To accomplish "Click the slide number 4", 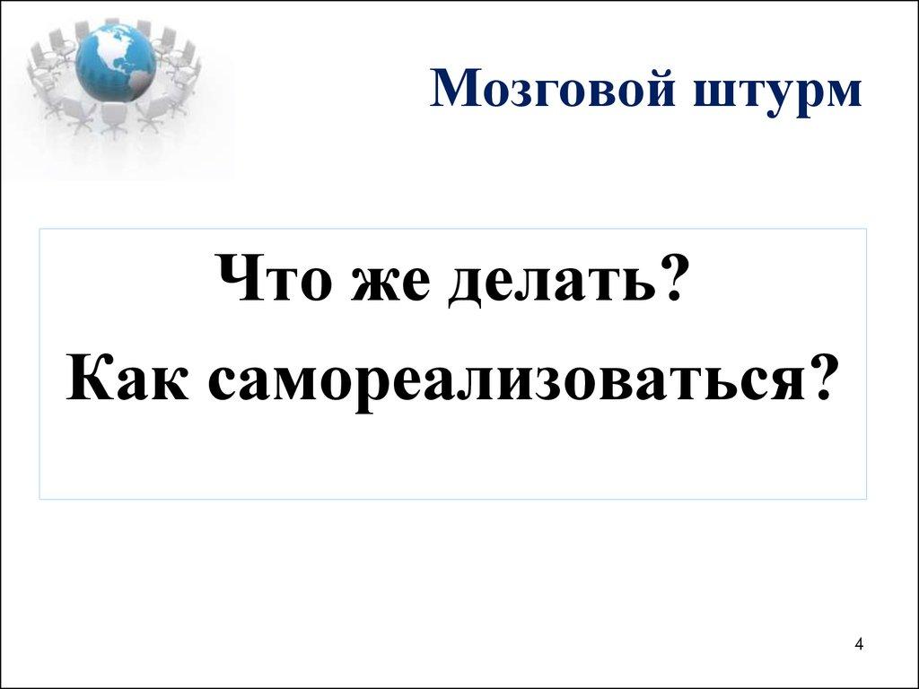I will tap(859, 644).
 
